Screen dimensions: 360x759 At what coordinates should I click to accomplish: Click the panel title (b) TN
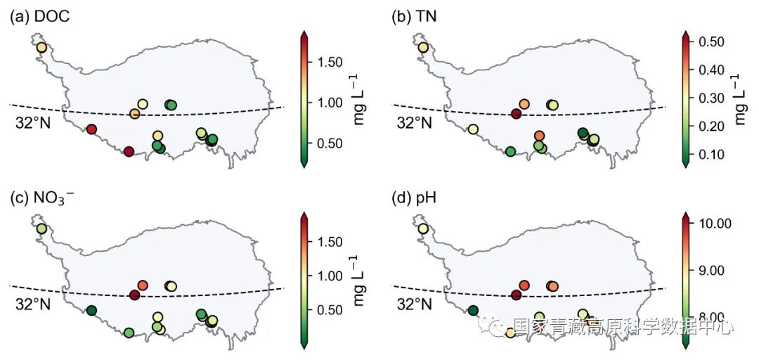click(x=414, y=16)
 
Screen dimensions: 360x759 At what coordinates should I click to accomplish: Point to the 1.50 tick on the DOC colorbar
click(x=327, y=63)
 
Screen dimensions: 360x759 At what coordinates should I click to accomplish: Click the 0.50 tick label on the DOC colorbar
click(x=327, y=143)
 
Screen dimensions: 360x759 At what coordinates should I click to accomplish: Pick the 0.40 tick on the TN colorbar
click(x=711, y=70)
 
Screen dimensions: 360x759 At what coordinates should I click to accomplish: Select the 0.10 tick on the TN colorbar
click(x=711, y=154)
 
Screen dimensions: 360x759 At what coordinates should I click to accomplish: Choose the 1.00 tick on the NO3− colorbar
click(x=327, y=276)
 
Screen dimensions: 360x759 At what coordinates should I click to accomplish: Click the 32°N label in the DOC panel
click(x=32, y=122)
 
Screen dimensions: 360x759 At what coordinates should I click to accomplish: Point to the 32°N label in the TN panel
click(x=415, y=122)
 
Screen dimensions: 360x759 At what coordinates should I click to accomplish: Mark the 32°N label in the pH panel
click(x=415, y=304)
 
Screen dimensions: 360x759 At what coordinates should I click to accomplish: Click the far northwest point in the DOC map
click(x=41, y=48)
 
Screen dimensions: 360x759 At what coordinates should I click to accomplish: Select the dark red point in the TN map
click(x=517, y=114)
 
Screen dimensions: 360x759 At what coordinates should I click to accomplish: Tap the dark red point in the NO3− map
click(x=134, y=295)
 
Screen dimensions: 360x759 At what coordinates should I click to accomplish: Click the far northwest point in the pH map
click(x=422, y=229)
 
